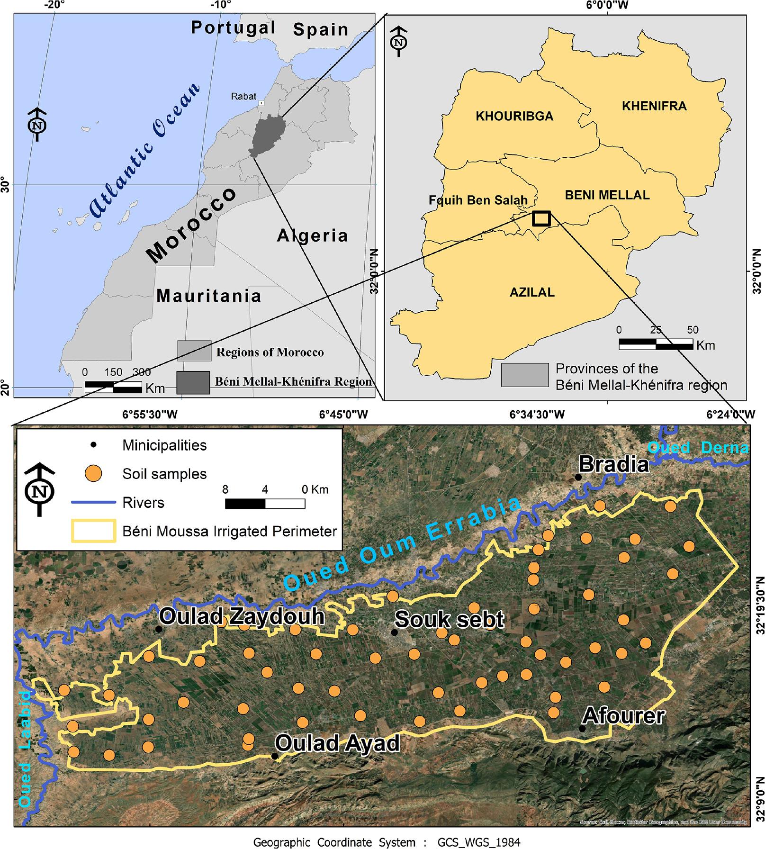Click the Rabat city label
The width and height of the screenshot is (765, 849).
pos(243,97)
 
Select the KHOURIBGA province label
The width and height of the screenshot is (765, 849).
pos(514,116)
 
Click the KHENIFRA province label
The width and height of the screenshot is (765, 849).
pos(654,106)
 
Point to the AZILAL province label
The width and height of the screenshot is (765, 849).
pos(532,292)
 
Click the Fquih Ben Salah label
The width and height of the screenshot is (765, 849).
pos(478,200)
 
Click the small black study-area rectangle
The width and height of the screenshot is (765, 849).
pos(541,218)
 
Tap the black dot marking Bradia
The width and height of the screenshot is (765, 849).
pos(578,477)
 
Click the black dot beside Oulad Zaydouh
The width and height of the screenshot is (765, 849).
pos(159,629)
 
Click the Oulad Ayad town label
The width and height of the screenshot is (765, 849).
pos(337,743)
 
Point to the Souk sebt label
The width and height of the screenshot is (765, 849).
pos(449,619)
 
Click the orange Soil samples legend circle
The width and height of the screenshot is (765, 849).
pos(93,474)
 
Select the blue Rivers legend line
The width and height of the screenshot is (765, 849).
pos(93,502)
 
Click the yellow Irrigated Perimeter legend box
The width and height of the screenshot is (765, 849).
pos(93,531)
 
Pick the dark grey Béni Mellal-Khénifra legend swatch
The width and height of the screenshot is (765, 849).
pos(193,382)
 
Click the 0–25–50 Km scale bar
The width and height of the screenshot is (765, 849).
pos(656,344)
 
